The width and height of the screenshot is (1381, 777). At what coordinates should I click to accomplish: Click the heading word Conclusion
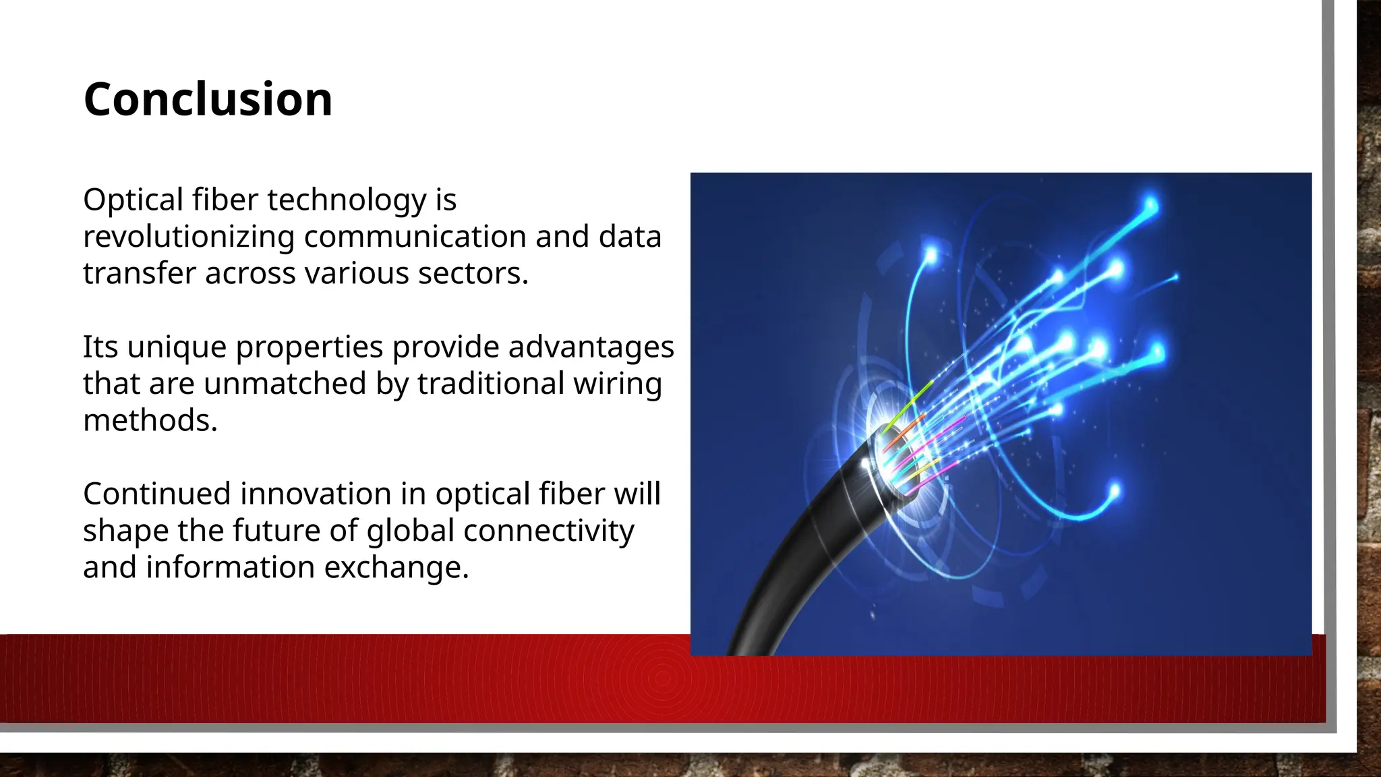coord(208,99)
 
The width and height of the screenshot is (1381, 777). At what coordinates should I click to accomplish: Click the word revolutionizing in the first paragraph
coord(189,237)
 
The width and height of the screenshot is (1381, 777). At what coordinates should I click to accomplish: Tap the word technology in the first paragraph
coord(347,200)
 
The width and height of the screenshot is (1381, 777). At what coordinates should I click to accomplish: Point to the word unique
coord(177,347)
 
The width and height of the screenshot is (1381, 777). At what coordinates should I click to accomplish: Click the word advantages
coord(591,347)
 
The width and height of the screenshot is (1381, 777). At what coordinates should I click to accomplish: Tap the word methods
coord(150,420)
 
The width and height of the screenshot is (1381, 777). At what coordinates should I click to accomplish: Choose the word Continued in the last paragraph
coord(156,494)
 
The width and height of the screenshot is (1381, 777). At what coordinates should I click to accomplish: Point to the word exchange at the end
coord(396,567)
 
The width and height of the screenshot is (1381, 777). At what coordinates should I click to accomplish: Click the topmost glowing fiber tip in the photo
coord(1150,204)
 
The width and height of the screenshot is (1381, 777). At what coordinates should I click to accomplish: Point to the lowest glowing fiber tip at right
coord(1114,490)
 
